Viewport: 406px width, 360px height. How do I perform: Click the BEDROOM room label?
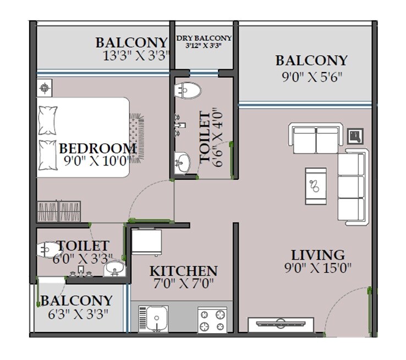click(x=97, y=148)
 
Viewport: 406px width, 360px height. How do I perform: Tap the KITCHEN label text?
click(x=183, y=271)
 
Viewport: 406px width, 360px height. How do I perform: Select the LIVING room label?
click(x=318, y=255)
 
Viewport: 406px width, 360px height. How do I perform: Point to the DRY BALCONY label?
click(x=204, y=38)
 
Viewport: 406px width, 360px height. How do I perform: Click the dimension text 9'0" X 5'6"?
click(x=312, y=76)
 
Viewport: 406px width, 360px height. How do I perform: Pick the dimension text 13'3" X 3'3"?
click(x=134, y=56)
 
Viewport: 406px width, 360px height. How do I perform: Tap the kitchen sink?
click(x=155, y=319)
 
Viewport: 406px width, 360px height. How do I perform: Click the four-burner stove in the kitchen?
click(x=212, y=320)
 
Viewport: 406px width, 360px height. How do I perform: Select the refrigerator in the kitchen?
click(x=146, y=242)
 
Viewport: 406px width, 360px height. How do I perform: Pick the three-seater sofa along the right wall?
click(x=352, y=186)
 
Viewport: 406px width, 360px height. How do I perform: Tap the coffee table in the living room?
click(x=316, y=186)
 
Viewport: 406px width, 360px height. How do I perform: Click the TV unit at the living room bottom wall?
click(x=282, y=325)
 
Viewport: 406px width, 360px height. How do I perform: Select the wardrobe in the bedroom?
click(x=59, y=212)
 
